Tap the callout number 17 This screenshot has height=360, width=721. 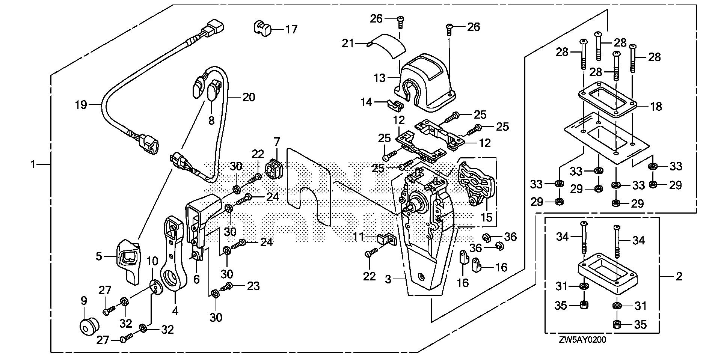(291, 29)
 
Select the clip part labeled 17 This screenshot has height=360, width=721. (262, 28)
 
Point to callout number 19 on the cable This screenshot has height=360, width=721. (81, 104)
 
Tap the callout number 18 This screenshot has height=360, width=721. (656, 107)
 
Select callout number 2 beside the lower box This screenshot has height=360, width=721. (678, 277)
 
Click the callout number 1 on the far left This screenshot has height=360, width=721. (33, 164)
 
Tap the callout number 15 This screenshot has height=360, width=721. (486, 217)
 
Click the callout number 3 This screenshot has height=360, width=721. (388, 279)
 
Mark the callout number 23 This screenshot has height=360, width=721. (253, 286)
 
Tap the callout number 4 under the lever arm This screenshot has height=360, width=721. (175, 311)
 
